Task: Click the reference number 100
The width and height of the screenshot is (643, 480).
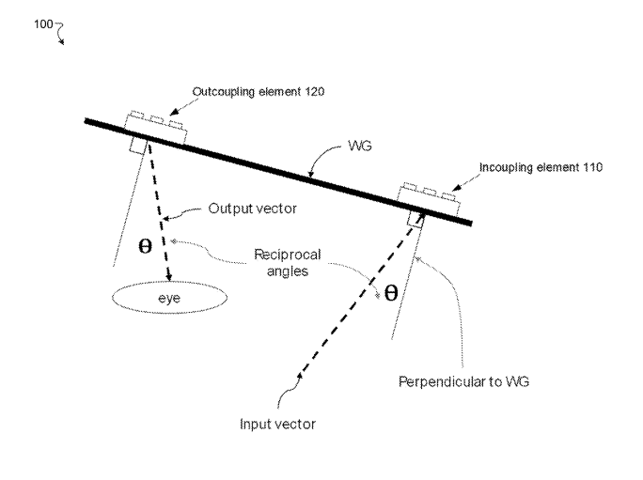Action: pos(43,24)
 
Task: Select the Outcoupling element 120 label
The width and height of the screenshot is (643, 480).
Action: pos(259,91)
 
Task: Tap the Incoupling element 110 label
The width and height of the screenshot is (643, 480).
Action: pos(541,167)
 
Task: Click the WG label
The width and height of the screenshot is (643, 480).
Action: pos(360,146)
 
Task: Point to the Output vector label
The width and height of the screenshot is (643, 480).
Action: pos(252,209)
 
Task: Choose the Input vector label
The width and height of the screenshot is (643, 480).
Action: pos(277,424)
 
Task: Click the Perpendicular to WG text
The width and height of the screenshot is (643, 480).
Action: pos(463,381)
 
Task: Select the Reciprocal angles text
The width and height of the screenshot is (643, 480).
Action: pos(287,263)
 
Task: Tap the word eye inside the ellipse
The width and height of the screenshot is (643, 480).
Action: pos(169,298)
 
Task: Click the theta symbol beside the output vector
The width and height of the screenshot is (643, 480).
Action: pos(145,246)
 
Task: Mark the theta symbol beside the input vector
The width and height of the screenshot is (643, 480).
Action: pos(391,293)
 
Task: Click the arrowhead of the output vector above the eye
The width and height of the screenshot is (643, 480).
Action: pos(169,277)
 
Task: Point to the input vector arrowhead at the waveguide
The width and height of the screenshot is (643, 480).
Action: pos(421,214)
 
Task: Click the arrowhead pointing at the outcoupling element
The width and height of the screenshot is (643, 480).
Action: pos(173,113)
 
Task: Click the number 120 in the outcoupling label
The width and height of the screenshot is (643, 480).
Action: pos(315,91)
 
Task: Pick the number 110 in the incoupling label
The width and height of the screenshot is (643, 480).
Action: pos(592,167)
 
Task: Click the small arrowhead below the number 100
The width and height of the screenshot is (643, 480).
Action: pos(62,41)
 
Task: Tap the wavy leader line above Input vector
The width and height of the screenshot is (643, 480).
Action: pos(289,392)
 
